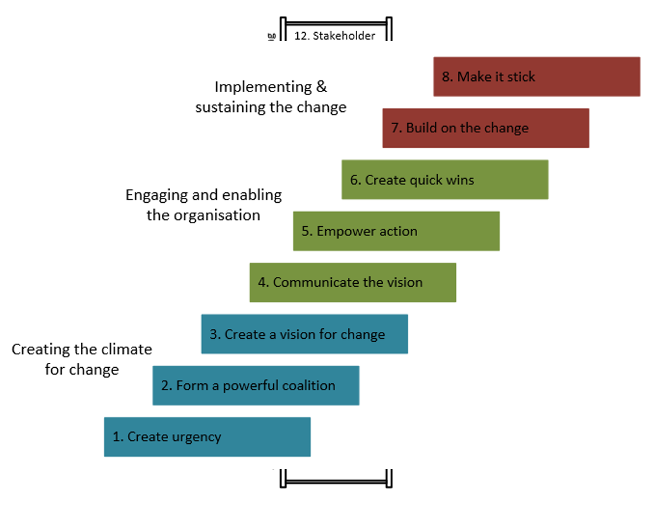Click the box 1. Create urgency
pyautogui.click(x=207, y=437)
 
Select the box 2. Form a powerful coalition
pyautogui.click(x=256, y=386)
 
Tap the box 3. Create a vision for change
pyautogui.click(x=304, y=334)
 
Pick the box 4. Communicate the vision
pyautogui.click(x=353, y=283)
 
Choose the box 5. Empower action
pyautogui.click(x=396, y=231)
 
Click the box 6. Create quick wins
pyautogui.click(x=445, y=180)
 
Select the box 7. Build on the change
pyautogui.click(x=486, y=129)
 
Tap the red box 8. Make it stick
pyautogui.click(x=536, y=77)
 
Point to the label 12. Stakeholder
pyautogui.click(x=334, y=36)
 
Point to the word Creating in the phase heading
pyautogui.click(x=40, y=349)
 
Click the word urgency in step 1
pyautogui.click(x=197, y=437)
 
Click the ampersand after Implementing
pyautogui.click(x=321, y=87)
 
